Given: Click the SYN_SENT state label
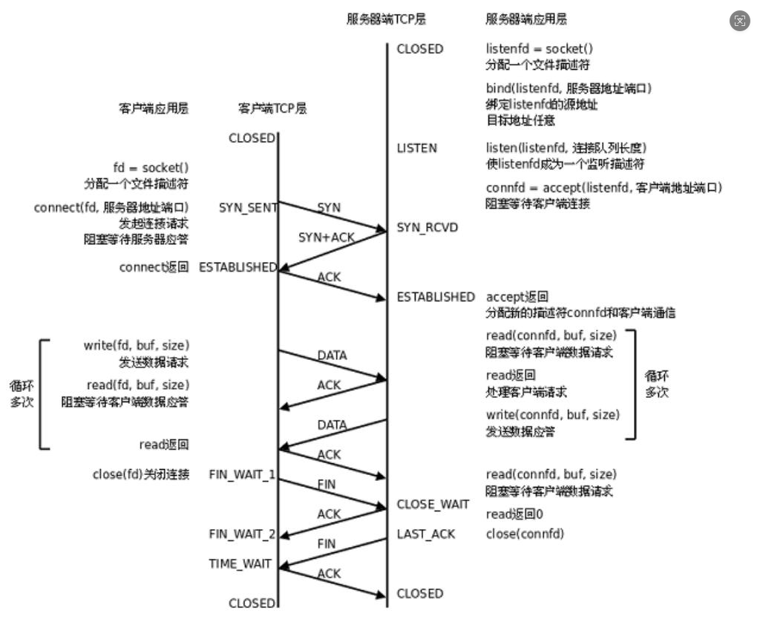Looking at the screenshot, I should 248,208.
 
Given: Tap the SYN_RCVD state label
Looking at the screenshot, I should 427,227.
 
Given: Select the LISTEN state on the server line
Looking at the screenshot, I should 417,148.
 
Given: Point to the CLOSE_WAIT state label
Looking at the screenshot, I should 433,505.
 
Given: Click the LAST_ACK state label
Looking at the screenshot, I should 426,534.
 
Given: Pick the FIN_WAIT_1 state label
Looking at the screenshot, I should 243,474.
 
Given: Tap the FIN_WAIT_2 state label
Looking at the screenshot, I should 243,534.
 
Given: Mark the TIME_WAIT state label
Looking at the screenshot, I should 240,564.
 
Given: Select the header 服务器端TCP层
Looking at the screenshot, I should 386,19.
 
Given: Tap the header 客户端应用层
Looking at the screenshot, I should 154,108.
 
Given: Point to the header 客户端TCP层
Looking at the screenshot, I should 272,108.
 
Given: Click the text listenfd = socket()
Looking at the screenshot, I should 540,49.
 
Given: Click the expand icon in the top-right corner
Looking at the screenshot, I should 740,21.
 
